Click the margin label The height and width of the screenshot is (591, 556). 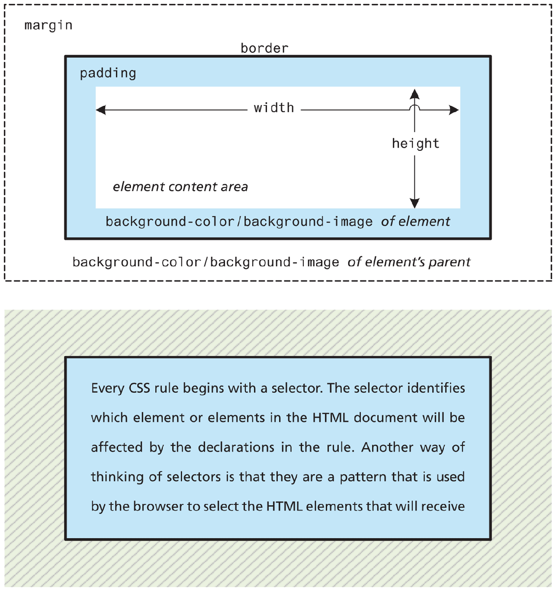[x=48, y=26]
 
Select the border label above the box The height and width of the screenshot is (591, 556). [x=264, y=48]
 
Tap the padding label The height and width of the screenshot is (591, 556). [x=108, y=73]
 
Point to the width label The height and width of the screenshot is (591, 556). [x=274, y=108]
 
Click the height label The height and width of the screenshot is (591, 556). [x=416, y=144]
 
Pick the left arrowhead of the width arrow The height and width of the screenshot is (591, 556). [x=101, y=110]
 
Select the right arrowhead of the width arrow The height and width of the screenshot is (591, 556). [x=454, y=110]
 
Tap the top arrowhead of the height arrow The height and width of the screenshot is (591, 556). [x=415, y=94]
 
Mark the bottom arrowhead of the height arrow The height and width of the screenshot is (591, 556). [x=415, y=203]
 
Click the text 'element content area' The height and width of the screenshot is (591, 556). [x=180, y=186]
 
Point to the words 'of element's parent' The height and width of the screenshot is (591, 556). [x=409, y=262]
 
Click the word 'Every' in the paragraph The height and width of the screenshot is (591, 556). [x=107, y=388]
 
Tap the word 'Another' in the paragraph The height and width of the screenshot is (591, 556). [x=387, y=447]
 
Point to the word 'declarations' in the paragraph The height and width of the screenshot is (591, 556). [x=236, y=447]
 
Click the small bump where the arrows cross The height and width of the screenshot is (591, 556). [x=415, y=107]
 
